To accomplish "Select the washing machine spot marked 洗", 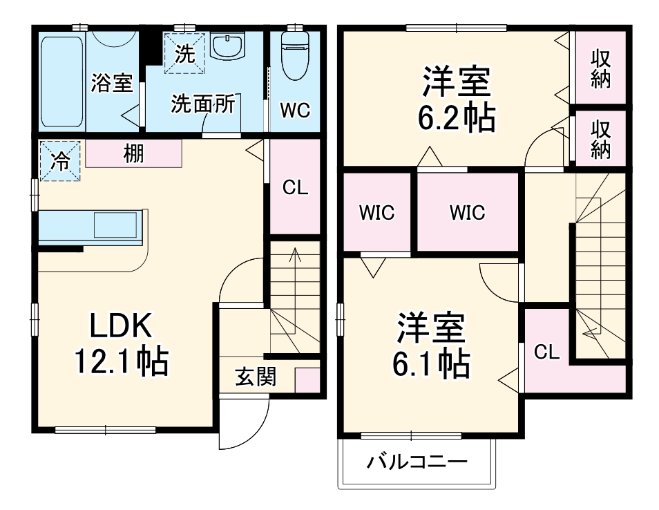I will click(x=184, y=53).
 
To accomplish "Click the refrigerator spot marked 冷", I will click(x=60, y=162).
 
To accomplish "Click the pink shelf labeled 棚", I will click(x=133, y=153).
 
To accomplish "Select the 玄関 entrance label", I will click(x=256, y=377).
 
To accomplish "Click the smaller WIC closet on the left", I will click(x=376, y=212).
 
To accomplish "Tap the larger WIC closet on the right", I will click(x=468, y=212).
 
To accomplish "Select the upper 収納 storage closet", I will click(x=600, y=68).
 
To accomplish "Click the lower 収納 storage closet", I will click(x=600, y=138).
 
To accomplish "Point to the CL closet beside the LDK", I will click(x=296, y=187).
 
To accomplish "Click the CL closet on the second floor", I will click(x=546, y=352).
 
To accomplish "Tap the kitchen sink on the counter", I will click(x=115, y=226).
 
